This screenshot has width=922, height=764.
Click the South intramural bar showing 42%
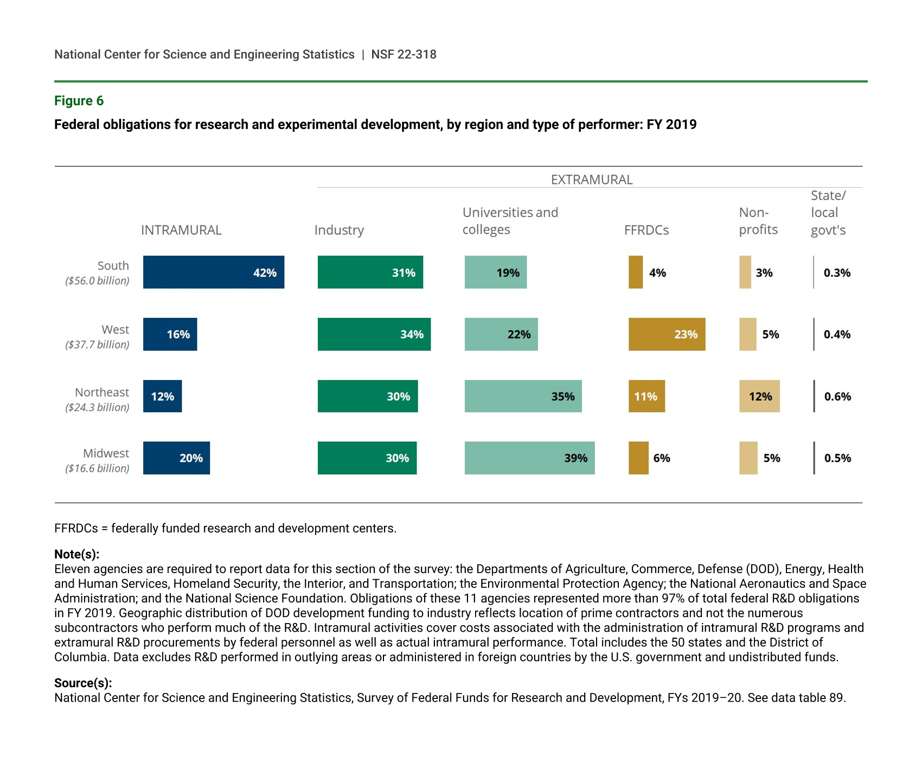click(213, 272)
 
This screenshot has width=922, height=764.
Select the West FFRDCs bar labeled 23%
click(667, 334)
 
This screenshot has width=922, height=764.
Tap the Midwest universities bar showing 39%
click(529, 458)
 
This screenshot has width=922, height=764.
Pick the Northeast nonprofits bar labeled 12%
click(759, 396)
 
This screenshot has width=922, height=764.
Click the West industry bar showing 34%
click(374, 334)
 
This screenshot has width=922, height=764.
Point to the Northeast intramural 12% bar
click(162, 396)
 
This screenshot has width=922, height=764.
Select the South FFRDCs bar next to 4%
click(636, 272)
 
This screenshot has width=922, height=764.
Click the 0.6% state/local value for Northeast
click(837, 396)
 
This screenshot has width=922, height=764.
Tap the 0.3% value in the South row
click(837, 273)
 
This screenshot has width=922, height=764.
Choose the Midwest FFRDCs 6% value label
click(662, 458)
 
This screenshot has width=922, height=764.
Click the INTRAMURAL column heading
click(181, 230)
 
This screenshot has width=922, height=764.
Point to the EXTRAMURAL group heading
click(592, 179)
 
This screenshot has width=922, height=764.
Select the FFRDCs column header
click(646, 230)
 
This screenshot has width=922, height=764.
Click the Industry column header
click(339, 230)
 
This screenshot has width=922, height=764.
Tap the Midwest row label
click(106, 453)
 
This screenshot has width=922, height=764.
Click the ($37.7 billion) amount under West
click(97, 345)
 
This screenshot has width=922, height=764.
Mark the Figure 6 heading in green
click(79, 101)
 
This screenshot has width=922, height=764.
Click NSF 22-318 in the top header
click(404, 54)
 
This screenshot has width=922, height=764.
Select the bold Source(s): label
click(83, 683)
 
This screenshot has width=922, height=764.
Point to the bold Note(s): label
click(76, 554)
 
